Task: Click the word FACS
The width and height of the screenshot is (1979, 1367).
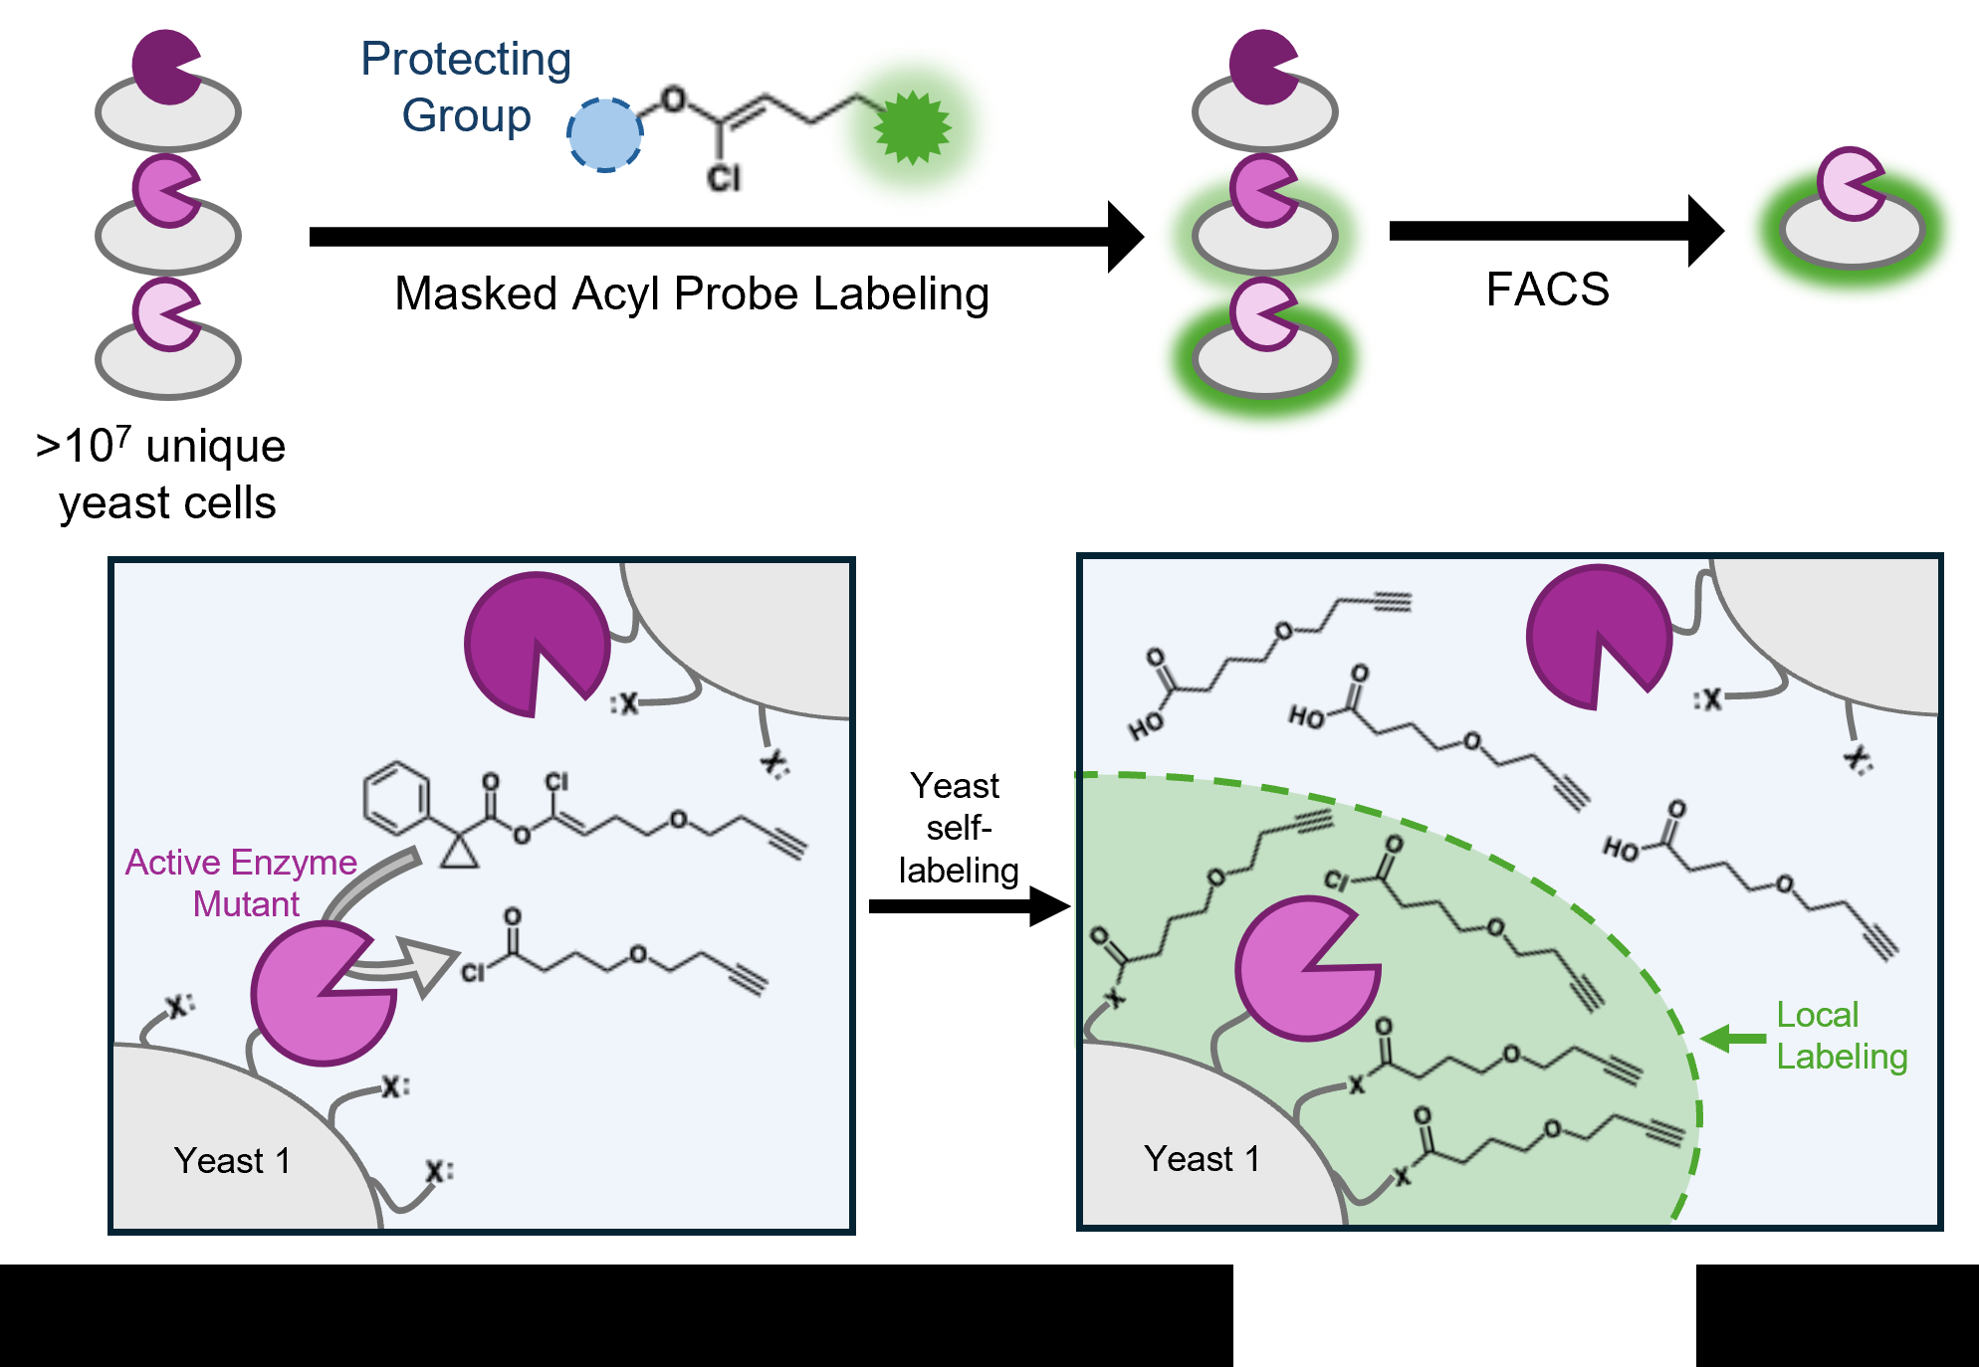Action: click(1547, 290)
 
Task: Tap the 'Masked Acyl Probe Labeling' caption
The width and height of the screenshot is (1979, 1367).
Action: click(692, 294)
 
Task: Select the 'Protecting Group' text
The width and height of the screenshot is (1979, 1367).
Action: click(466, 88)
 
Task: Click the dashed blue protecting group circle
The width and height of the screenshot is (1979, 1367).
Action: click(604, 134)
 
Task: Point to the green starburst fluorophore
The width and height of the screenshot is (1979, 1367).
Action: click(912, 127)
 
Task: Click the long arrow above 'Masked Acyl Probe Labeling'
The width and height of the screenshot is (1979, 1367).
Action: click(727, 237)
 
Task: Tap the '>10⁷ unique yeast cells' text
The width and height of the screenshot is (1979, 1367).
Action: click(162, 475)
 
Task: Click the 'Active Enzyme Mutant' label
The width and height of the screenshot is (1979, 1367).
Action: click(241, 882)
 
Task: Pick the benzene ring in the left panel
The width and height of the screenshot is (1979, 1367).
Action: click(396, 798)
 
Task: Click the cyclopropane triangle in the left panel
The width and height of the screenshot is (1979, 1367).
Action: click(459, 852)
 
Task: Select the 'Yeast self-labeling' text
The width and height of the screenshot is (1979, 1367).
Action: click(957, 828)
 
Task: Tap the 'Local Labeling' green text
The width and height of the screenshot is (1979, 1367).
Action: click(1842, 1036)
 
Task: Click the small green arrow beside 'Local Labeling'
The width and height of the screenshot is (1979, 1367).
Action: click(1733, 1039)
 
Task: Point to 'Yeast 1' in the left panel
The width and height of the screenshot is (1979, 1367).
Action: click(232, 1160)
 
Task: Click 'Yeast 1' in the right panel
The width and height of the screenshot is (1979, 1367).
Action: click(1202, 1158)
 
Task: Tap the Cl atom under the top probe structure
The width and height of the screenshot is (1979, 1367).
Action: click(724, 179)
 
